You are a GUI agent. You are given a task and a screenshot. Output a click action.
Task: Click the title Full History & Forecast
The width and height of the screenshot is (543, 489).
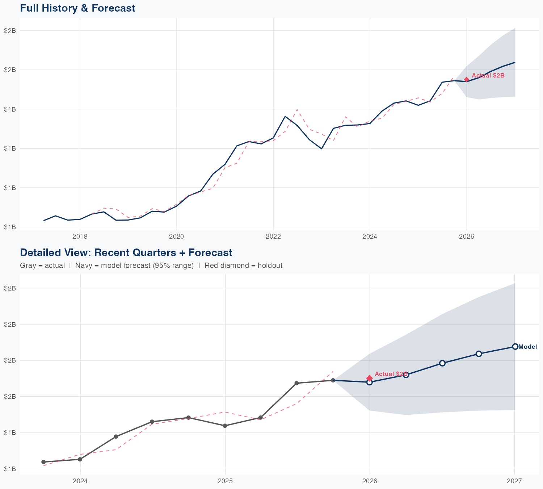[x=77, y=8]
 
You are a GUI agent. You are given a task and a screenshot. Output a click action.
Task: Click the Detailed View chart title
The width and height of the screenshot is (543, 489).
[x=126, y=252]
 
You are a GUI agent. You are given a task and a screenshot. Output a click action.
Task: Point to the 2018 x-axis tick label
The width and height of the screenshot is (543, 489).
[x=80, y=237]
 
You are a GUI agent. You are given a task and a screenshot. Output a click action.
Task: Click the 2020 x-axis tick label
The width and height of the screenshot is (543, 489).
[x=177, y=237]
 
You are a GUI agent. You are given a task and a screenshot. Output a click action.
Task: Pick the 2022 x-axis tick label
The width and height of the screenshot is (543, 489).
[x=273, y=237]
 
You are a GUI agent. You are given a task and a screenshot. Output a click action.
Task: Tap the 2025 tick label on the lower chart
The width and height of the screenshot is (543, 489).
[x=225, y=481]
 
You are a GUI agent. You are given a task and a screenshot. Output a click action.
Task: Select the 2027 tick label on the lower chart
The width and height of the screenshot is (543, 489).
[x=514, y=481]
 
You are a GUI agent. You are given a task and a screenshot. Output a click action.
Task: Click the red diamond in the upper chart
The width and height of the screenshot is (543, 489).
[x=467, y=80]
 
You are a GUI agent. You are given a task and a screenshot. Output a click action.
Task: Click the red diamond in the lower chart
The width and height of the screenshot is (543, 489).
[x=369, y=378]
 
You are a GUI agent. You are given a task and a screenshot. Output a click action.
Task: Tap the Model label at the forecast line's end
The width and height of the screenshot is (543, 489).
[x=527, y=347]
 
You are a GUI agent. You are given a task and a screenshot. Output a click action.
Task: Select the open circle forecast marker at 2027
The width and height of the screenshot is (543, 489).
[x=515, y=347]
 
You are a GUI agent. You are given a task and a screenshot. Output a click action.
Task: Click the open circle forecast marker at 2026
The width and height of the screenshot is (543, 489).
[x=369, y=382]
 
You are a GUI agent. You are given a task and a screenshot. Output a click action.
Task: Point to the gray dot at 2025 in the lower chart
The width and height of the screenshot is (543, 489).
[x=225, y=426]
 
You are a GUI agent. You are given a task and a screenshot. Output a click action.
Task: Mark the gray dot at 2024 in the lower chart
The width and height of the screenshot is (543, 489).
[x=80, y=459]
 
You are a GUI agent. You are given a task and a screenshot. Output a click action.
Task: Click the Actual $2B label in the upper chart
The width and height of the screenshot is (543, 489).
[x=488, y=76]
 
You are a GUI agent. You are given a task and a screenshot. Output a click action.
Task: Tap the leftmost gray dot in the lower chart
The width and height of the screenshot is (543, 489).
[x=43, y=462]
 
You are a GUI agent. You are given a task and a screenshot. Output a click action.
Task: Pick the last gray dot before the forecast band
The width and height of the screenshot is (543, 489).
[x=333, y=380]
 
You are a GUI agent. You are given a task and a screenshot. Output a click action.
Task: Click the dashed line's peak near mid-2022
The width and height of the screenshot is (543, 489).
[x=297, y=109]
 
